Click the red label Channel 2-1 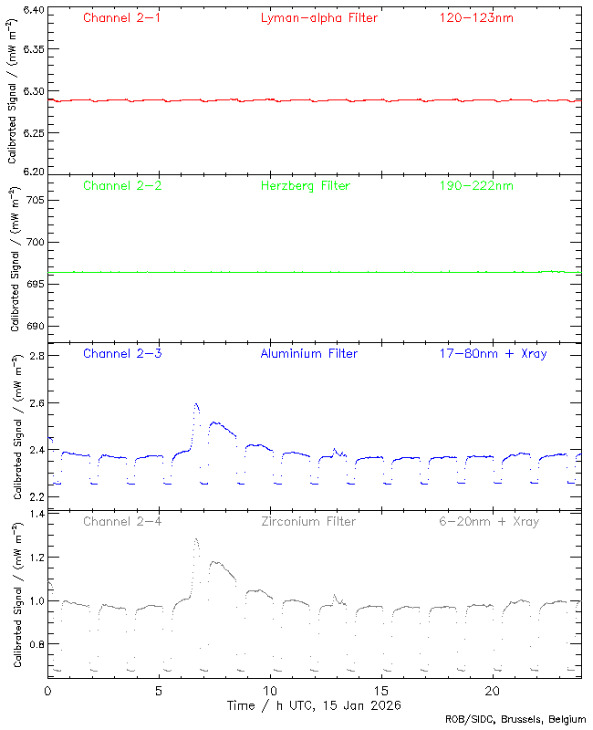[x=122, y=17]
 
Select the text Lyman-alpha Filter [x=318, y=17]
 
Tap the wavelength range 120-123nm [x=476, y=17]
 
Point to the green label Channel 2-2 [x=122, y=186]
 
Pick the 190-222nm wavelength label [x=476, y=186]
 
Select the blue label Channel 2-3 [x=122, y=353]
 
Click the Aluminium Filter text [x=310, y=353]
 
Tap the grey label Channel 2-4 [x=122, y=522]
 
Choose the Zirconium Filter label [x=308, y=522]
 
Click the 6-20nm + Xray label [x=488, y=522]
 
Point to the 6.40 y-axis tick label [x=32, y=10]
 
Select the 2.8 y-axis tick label [x=36, y=356]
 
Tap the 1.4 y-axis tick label [x=36, y=515]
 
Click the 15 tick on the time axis [x=381, y=691]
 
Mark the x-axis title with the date [x=314, y=705]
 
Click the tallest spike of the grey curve [x=196, y=539]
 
